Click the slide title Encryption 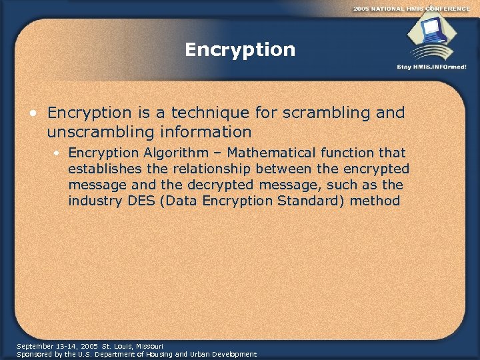pyautogui.click(x=240, y=50)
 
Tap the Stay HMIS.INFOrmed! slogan pyautogui.click(x=431, y=67)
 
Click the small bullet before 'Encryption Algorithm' pyautogui.click(x=59, y=154)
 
